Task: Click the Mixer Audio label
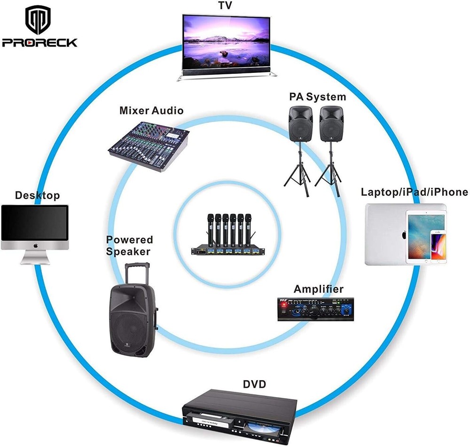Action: pyautogui.click(x=151, y=111)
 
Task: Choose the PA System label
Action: pyautogui.click(x=317, y=97)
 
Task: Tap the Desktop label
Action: pyautogui.click(x=38, y=195)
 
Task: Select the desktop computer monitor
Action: pyautogui.click(x=35, y=223)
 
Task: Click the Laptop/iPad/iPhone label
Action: pyautogui.click(x=415, y=192)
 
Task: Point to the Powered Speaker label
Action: pyautogui.click(x=129, y=246)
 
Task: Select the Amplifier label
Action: pyautogui.click(x=318, y=289)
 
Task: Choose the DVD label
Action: pyautogui.click(x=254, y=384)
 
